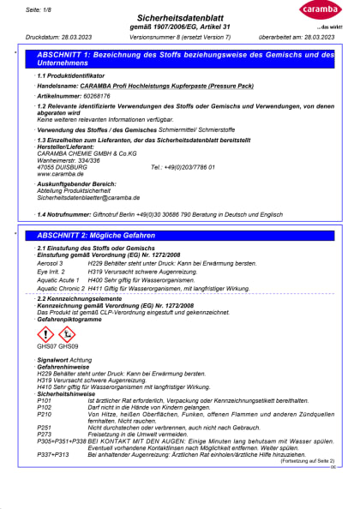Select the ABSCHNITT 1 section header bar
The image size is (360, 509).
[x=184, y=58]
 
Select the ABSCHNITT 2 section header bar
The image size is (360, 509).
[x=184, y=235]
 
